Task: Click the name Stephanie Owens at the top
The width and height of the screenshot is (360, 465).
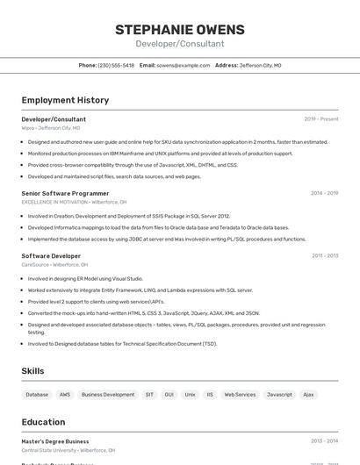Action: (x=180, y=30)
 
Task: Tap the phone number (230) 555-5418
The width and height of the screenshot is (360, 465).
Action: (x=116, y=65)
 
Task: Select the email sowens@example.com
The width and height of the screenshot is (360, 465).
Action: (x=184, y=65)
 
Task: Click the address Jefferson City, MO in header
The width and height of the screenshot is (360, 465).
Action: (x=260, y=65)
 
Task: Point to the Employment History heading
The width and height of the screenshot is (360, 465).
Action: (x=65, y=100)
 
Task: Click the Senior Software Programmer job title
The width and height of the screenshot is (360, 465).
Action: (x=66, y=193)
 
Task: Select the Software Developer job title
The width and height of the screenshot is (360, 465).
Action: (x=51, y=256)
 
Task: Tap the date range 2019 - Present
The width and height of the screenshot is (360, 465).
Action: (x=320, y=118)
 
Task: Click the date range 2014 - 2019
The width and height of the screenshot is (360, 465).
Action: (x=324, y=193)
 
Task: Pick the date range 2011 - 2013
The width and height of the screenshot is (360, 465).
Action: (x=324, y=256)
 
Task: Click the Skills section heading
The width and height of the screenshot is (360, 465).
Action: (x=32, y=371)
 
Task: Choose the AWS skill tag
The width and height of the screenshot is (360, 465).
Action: (x=65, y=395)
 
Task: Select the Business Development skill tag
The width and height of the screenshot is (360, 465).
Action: (x=108, y=395)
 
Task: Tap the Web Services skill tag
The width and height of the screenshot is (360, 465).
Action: (x=240, y=395)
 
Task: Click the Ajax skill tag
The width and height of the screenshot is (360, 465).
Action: (x=308, y=395)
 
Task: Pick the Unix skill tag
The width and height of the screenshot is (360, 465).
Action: (x=190, y=395)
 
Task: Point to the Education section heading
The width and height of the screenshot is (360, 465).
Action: (x=43, y=422)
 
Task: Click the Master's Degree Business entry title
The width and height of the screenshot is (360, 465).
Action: (x=55, y=441)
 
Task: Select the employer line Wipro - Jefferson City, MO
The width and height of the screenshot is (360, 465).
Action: (x=51, y=128)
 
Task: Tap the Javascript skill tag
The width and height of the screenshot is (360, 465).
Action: (x=279, y=395)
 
